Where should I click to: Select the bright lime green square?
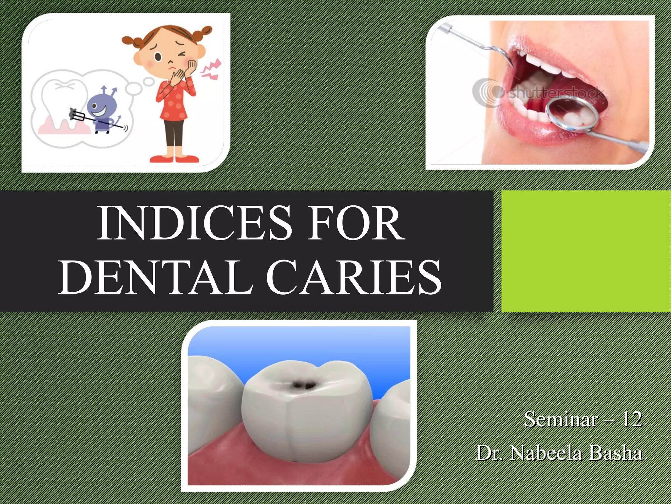tap(586, 251)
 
